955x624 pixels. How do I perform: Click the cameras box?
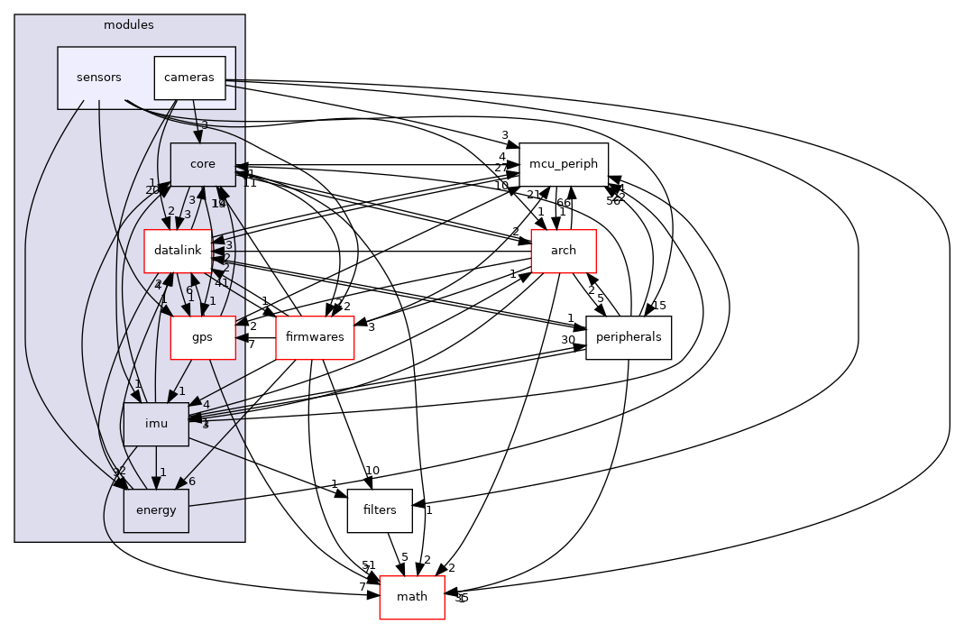189,78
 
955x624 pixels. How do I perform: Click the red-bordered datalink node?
178,252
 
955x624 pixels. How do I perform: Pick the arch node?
564,251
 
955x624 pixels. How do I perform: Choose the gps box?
201,338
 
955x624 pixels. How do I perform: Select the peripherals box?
629,337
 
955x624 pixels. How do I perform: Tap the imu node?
156,424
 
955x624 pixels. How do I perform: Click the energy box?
156,511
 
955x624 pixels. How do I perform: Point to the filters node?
380,510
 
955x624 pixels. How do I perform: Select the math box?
412,598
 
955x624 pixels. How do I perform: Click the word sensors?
99,78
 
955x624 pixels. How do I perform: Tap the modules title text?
129,25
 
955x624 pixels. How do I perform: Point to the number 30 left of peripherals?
568,339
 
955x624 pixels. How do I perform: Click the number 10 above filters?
371,471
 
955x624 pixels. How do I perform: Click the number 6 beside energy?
191,482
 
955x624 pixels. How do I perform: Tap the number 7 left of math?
363,587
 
